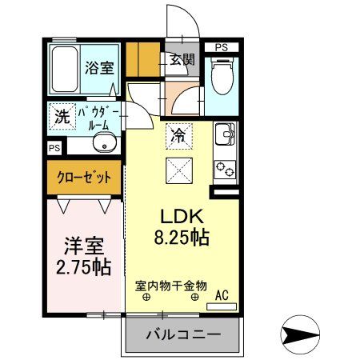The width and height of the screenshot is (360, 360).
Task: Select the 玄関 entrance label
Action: pos(182,58)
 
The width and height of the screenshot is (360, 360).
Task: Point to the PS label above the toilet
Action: pos(222,47)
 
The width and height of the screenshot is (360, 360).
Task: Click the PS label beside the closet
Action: pos(54,148)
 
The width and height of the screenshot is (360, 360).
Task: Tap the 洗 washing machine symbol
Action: pos(61,116)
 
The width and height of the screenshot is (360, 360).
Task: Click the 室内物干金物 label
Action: pos(171,284)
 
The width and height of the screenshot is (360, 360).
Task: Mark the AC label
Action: pos(222,296)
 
